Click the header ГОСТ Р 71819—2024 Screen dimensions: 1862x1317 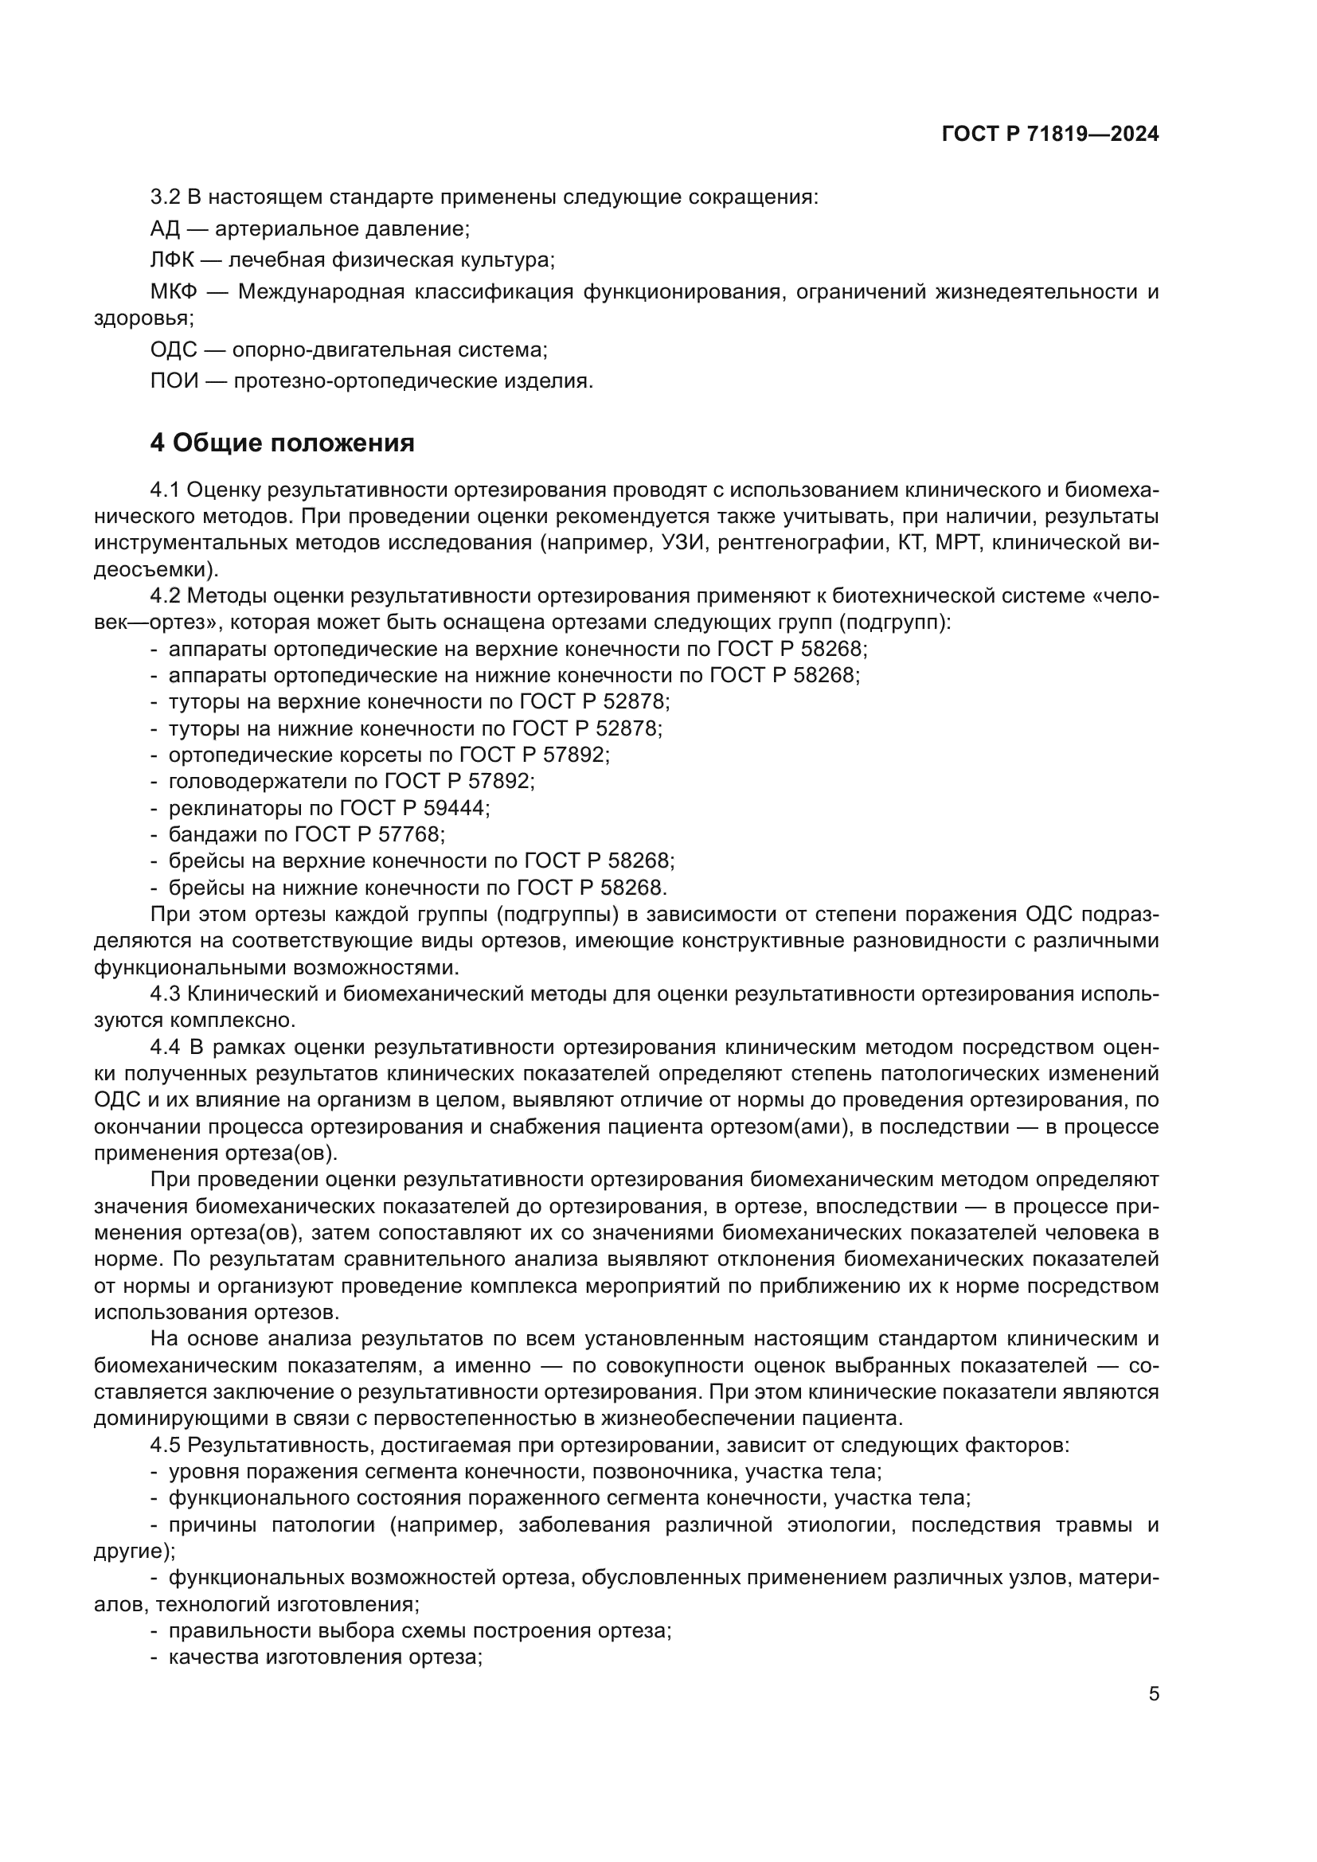(1050, 135)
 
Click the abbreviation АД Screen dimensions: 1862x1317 (165, 228)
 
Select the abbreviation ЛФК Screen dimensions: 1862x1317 (172, 260)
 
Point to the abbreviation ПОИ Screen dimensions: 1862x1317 (174, 381)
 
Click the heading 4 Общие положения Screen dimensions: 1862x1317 (282, 443)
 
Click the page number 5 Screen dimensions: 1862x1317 (1153, 1694)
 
